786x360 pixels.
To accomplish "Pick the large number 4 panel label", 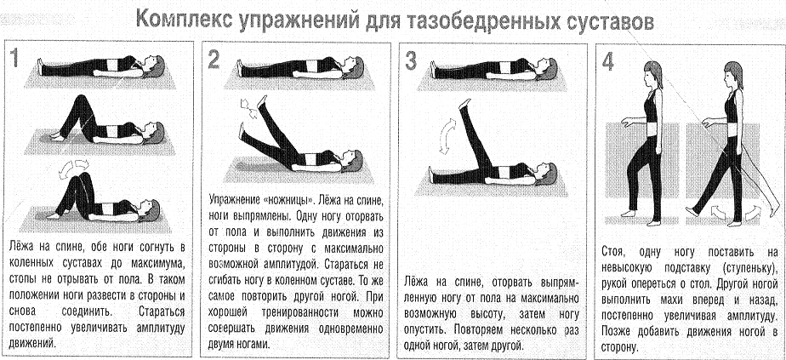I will click(607, 61).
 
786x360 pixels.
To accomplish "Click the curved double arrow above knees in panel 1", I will click(67, 173).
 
